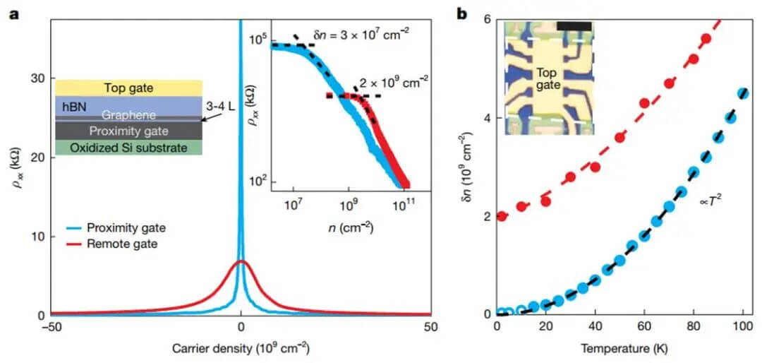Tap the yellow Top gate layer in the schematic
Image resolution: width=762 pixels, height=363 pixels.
(x=128, y=88)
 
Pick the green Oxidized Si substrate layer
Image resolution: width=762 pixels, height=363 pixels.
(x=128, y=148)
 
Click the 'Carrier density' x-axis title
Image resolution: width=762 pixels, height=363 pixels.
(x=241, y=347)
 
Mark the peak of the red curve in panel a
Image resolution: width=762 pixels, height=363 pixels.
(x=241, y=261)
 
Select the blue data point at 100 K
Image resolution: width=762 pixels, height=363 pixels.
(x=742, y=93)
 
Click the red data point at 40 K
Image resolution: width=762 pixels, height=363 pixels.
(x=595, y=167)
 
